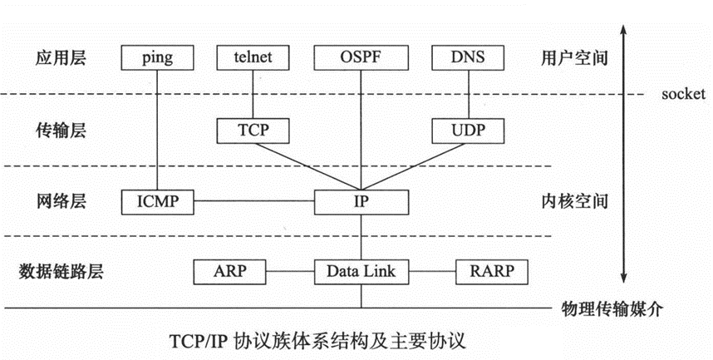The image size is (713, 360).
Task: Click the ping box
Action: point(157,57)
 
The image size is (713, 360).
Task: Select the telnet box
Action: point(253,57)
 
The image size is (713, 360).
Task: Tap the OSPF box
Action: point(361,57)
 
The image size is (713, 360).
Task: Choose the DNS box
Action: point(468,57)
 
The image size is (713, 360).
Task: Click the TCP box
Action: point(253,131)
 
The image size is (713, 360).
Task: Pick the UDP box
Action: point(468,131)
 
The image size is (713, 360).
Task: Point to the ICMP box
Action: point(157,202)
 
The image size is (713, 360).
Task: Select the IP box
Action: point(361,202)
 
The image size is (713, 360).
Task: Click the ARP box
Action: point(229,272)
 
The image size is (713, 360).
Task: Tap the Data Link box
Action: point(361,272)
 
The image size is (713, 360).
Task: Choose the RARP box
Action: point(492,272)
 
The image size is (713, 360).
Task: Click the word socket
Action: point(683,94)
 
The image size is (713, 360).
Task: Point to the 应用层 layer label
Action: point(61,58)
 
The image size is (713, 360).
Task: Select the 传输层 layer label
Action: point(61,131)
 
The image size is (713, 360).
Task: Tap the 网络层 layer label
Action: point(61,200)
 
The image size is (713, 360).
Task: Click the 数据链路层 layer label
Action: point(61,271)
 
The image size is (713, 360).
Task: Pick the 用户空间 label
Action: point(574,58)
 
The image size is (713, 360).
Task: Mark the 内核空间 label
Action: point(574,200)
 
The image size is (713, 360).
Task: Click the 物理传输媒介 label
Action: point(612,309)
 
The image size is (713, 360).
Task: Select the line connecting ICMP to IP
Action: point(253,202)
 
